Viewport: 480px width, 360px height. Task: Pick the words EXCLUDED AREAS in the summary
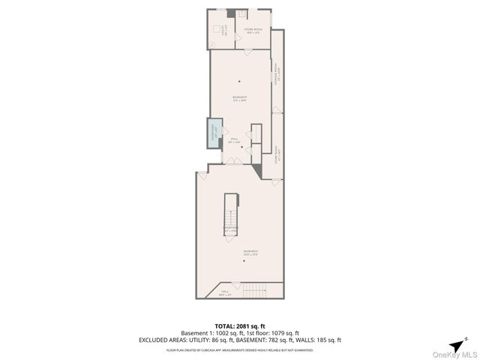(x=160, y=340)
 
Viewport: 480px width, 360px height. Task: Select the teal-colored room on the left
(x=214, y=135)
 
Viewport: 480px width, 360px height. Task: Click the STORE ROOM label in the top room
(x=252, y=31)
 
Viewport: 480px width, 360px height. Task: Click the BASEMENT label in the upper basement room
(x=240, y=97)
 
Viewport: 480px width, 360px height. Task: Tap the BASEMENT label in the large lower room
(x=250, y=252)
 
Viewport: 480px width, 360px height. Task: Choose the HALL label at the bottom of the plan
(x=224, y=293)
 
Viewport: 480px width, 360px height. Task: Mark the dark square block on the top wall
(x=231, y=13)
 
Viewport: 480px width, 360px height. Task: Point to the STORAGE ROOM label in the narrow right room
(x=276, y=76)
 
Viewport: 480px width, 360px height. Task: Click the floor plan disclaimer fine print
(x=240, y=349)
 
